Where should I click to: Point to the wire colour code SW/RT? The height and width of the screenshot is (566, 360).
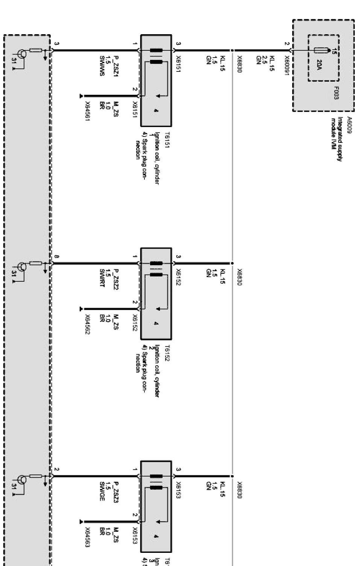tap(102, 278)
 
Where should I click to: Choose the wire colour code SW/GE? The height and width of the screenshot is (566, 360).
tap(102, 492)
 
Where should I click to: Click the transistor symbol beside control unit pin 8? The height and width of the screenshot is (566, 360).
tap(23, 267)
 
